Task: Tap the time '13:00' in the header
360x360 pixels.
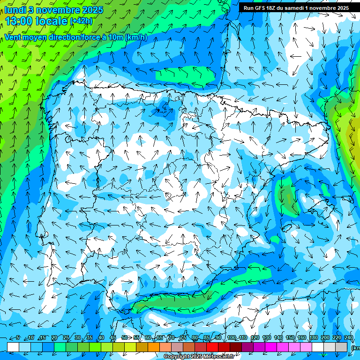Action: pyautogui.click(x=18, y=21)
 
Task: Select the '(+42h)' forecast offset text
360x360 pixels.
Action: pyautogui.click(x=81, y=21)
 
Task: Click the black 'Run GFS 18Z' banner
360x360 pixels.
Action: pyautogui.click(x=295, y=8)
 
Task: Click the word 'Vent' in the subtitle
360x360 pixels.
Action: pyautogui.click(x=14, y=37)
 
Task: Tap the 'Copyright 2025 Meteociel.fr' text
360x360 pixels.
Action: pyautogui.click(x=199, y=357)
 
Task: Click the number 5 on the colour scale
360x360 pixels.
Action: pyautogui.click(x=17, y=338)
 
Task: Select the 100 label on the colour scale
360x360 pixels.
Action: pyautogui.click(x=232, y=338)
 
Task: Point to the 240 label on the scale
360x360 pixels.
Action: pyautogui.click(x=349, y=338)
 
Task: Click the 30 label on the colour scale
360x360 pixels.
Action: pyautogui.click(x=77, y=338)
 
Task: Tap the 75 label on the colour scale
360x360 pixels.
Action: pyautogui.click(x=183, y=338)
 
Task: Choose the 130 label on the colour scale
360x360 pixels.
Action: pyautogui.click(x=267, y=338)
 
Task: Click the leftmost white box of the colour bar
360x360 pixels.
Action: pyautogui.click(x=13, y=346)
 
